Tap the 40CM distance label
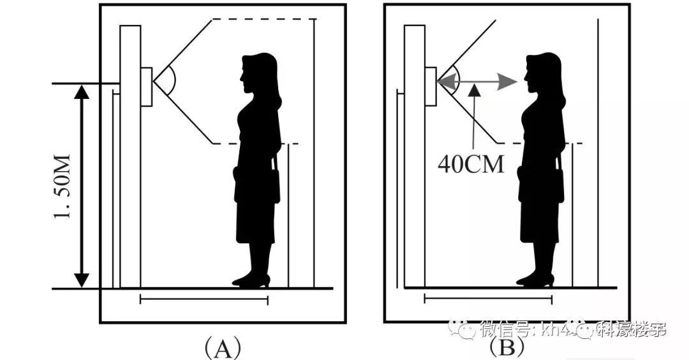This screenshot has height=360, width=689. coord(471,165)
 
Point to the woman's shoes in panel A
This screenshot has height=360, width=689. coord(251,280)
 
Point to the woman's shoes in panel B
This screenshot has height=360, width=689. coord(535,280)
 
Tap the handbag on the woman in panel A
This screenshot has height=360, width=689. coord(246,185)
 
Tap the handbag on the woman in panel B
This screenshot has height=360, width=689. coord(530,185)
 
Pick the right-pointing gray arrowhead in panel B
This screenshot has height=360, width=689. coord(507,82)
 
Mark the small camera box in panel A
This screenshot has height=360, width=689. coord(146,86)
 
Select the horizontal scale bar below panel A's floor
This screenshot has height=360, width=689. coord(204,298)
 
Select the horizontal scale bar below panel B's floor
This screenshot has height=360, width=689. coord(488,298)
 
